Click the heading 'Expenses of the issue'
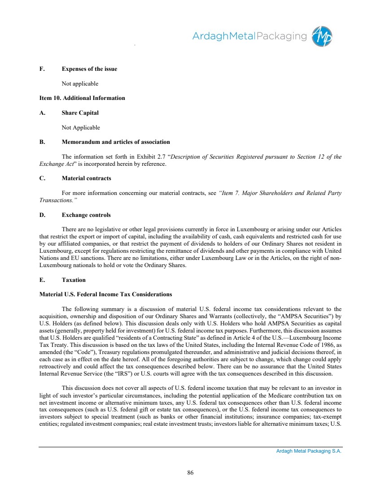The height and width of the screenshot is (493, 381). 89,69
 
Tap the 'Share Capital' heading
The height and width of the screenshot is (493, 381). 80,112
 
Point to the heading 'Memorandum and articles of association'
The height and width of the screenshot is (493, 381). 116,142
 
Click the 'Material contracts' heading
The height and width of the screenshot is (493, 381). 86,178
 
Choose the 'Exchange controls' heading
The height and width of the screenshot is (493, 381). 86,215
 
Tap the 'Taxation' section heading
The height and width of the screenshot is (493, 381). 74,280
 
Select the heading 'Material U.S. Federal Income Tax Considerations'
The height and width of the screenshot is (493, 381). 106,294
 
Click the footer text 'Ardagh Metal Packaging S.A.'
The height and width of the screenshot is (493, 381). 309,451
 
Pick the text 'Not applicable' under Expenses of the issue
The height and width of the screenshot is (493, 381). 80,83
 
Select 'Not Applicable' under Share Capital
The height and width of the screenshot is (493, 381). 81,127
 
